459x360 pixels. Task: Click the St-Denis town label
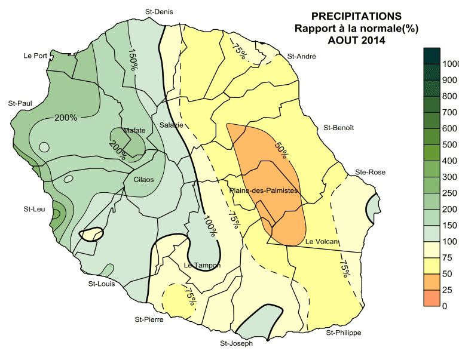159,11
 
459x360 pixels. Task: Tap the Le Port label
35,56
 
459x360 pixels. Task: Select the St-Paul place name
20,103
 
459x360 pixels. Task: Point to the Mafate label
134,130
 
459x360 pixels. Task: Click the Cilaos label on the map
143,179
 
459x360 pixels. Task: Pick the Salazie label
172,125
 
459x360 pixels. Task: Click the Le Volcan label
322,242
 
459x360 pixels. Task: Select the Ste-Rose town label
371,172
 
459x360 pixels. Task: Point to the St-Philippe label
344,333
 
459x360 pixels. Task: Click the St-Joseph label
237,343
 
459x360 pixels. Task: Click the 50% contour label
281,149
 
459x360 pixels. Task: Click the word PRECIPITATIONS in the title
357,16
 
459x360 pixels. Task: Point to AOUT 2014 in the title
357,41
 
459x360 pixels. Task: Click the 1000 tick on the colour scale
451,64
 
